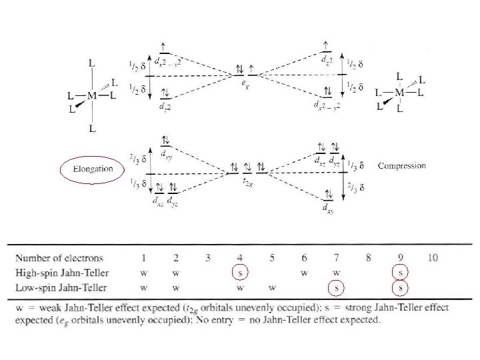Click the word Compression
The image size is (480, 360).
[x=401, y=165]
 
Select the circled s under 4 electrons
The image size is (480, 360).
[x=241, y=273]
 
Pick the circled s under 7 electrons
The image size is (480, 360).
[x=338, y=288]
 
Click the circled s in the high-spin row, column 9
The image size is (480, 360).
[x=400, y=273]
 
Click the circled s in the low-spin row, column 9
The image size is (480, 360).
[x=400, y=288]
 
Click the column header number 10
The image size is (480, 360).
[x=432, y=257]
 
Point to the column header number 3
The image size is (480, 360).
[x=209, y=257]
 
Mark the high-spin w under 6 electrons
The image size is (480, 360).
[x=304, y=273]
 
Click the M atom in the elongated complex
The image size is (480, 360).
[x=92, y=95]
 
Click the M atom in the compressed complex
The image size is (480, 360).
[x=399, y=91]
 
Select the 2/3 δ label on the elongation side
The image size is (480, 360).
[x=135, y=160]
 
